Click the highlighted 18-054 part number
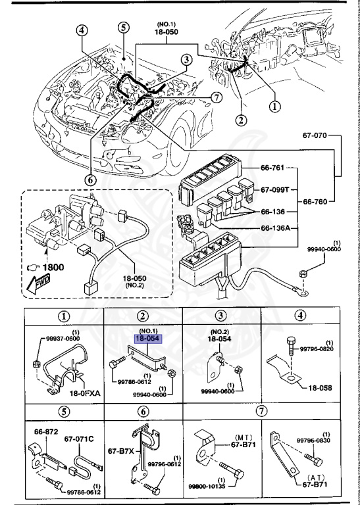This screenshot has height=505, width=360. tap(149, 338)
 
